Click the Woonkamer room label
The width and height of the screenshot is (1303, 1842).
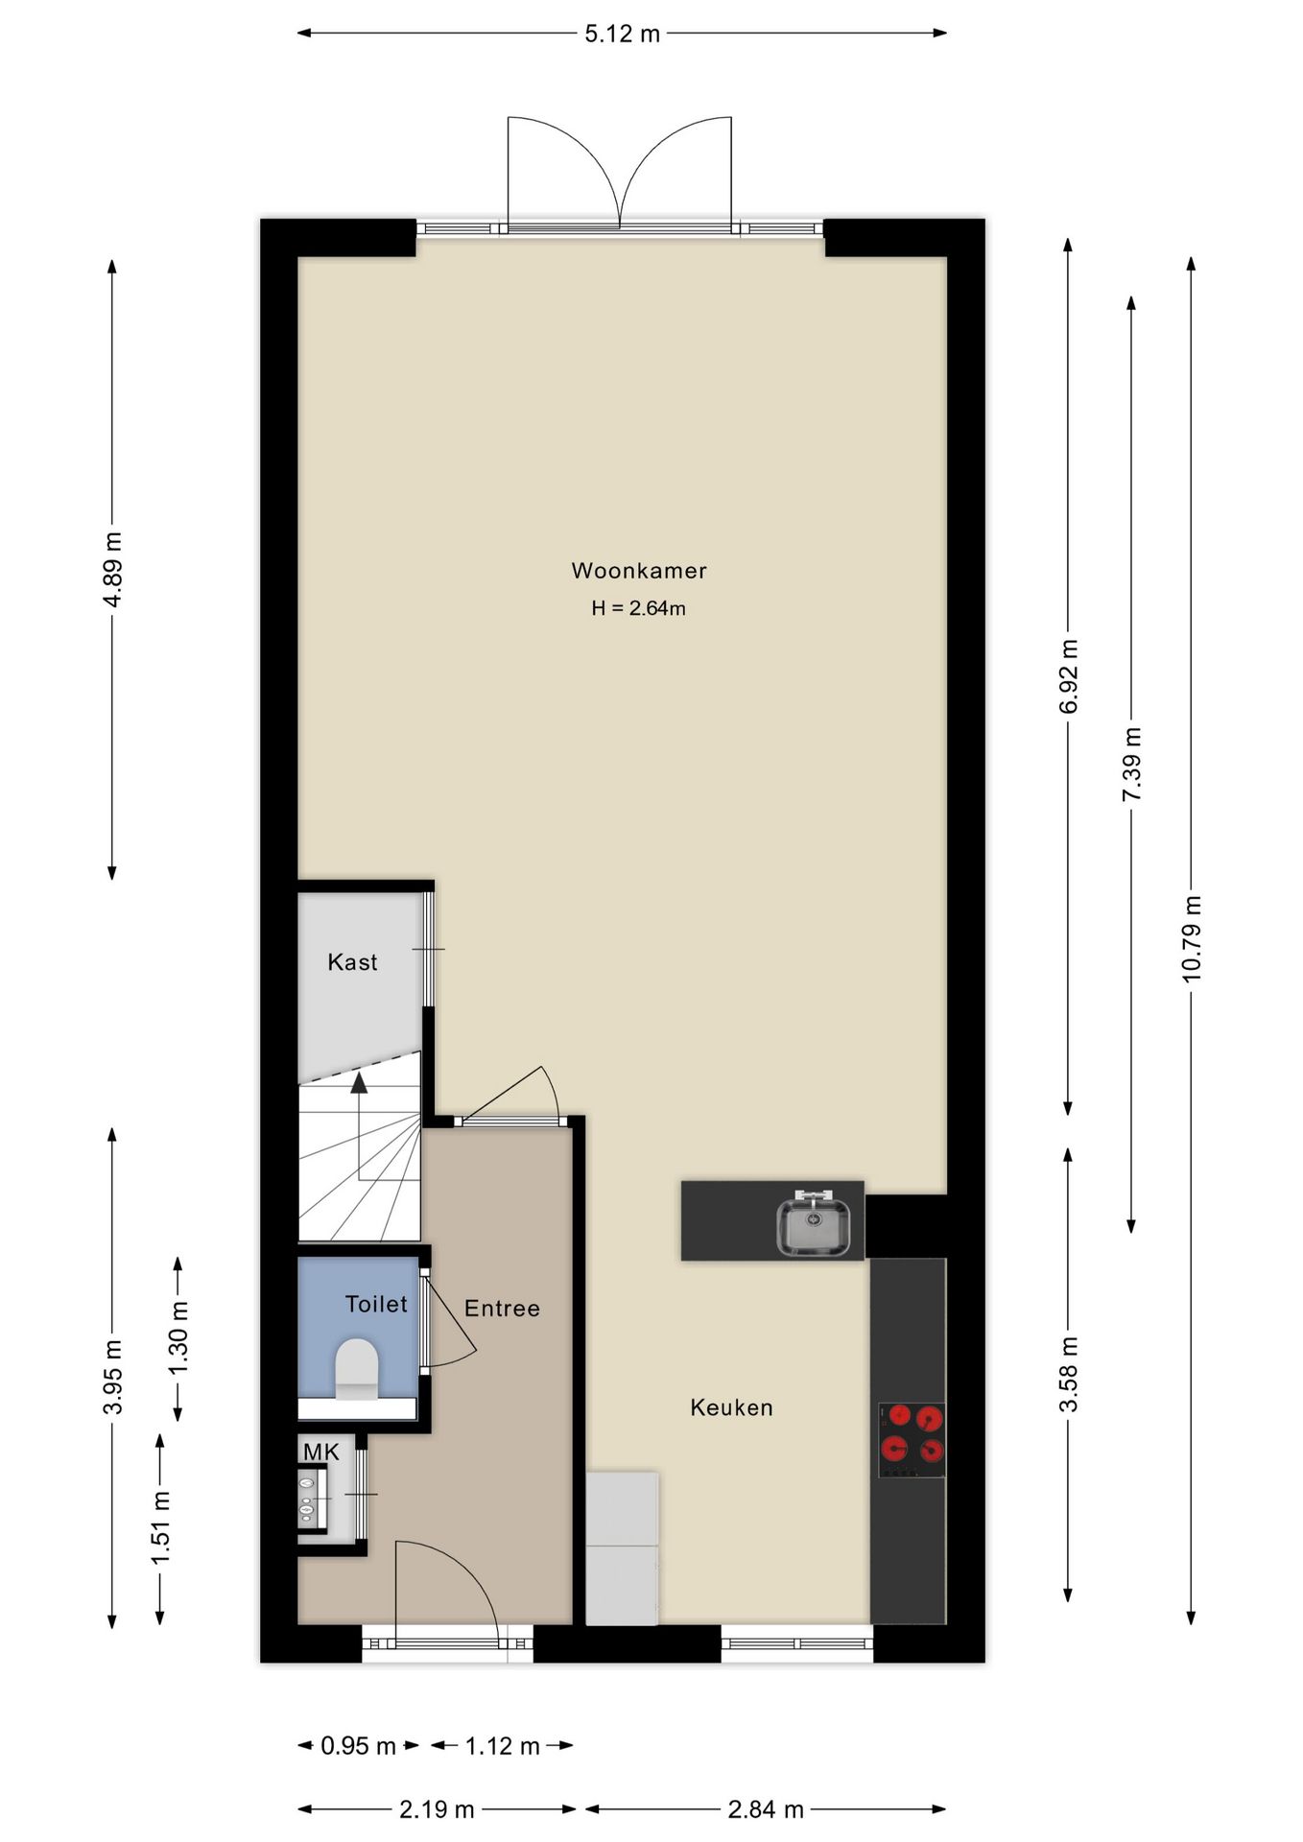[x=639, y=571]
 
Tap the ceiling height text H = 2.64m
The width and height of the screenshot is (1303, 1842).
[x=638, y=608]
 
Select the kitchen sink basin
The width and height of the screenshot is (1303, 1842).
[x=813, y=1226]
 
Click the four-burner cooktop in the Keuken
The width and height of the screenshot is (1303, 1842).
[x=912, y=1440]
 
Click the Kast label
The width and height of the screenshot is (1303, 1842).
[x=352, y=962]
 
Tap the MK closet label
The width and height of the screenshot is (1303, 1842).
[x=320, y=1452]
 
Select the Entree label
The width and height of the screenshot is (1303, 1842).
[x=502, y=1309]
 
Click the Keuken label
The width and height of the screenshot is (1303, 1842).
[x=731, y=1407]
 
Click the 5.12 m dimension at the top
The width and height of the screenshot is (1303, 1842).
[x=622, y=34]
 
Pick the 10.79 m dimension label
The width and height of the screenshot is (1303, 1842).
[x=1191, y=939]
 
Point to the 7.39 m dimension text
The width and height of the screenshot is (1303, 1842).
[x=1131, y=765]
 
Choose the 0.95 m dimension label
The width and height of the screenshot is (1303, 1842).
[x=358, y=1746]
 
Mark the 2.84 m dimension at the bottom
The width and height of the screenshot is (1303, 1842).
[x=765, y=1809]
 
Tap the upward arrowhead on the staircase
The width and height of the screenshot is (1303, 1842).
[x=359, y=1083]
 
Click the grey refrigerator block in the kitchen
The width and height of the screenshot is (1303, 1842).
[x=622, y=1548]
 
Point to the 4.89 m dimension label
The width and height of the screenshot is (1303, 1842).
[x=112, y=569]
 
